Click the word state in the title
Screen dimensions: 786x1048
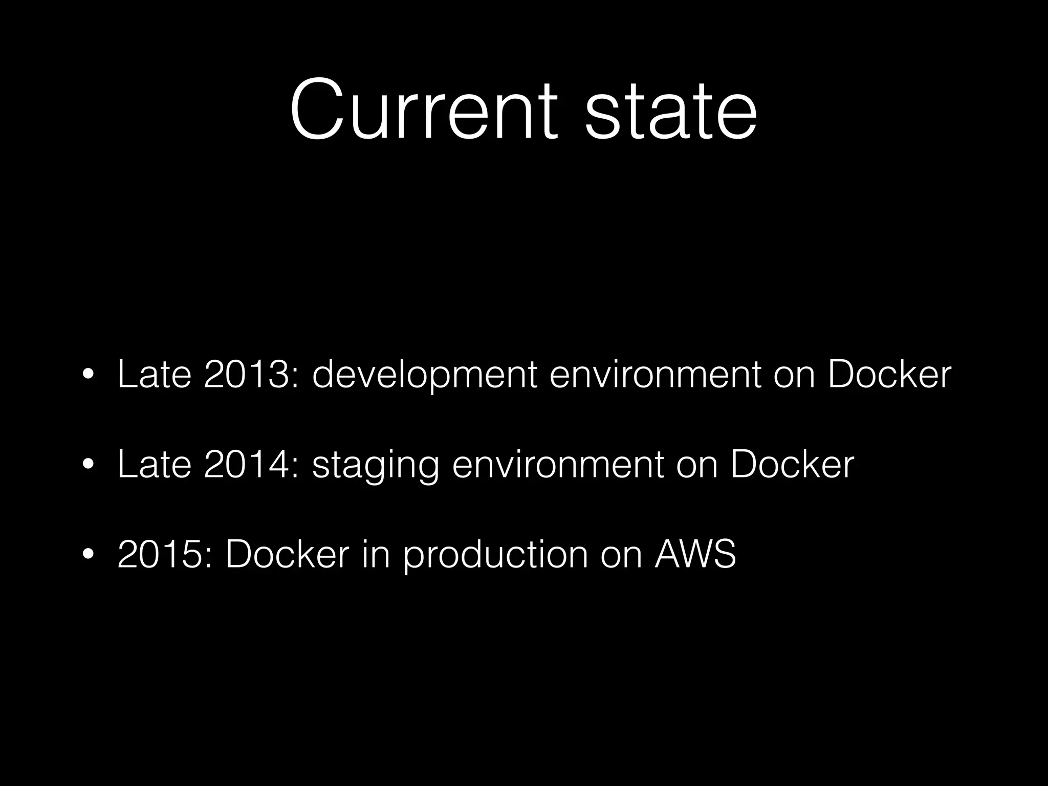671,110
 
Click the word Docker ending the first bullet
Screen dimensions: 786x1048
889,375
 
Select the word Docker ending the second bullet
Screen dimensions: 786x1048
792,465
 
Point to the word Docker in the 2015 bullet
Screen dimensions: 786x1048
287,554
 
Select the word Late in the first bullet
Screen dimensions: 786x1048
154,375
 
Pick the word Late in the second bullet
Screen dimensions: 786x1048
154,465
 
